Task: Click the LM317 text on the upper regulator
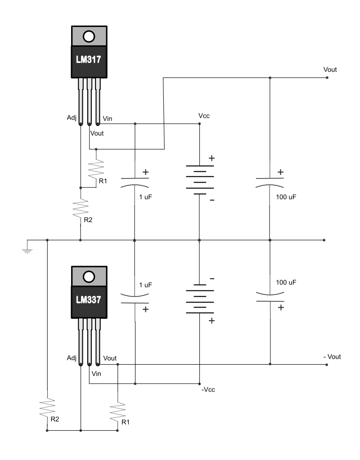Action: (x=88, y=59)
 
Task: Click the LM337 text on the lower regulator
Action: (x=88, y=300)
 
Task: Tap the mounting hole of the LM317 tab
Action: (x=89, y=36)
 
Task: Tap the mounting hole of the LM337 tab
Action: (x=89, y=277)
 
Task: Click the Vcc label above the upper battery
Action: (x=204, y=116)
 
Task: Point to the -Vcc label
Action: (x=208, y=389)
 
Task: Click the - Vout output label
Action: (x=332, y=357)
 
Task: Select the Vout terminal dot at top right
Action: (x=327, y=78)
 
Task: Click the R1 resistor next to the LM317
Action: (x=96, y=169)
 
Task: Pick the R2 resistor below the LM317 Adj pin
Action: (x=81, y=208)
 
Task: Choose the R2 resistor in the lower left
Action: (x=47, y=408)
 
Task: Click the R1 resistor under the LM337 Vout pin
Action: (x=117, y=413)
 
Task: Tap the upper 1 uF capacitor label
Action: (x=146, y=197)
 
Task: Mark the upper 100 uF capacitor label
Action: (x=286, y=197)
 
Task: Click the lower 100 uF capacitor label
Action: (x=286, y=282)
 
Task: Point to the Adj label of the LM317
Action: (x=72, y=118)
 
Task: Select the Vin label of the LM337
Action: (x=96, y=374)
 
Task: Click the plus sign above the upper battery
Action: (x=211, y=158)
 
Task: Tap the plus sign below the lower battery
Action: (x=211, y=321)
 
